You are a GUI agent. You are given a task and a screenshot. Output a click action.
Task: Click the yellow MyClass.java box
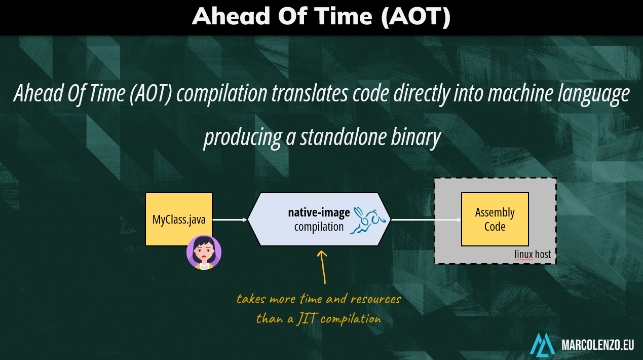point(179,219)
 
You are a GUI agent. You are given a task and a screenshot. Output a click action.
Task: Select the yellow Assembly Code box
point(495,219)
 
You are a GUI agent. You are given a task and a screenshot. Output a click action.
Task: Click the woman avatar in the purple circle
point(204,253)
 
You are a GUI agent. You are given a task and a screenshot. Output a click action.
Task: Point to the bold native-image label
point(319,212)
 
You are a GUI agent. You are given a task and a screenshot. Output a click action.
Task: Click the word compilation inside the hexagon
point(319,227)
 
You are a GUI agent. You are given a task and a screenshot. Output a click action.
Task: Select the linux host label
point(533,254)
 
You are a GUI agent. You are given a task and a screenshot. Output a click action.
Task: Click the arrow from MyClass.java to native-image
point(230,220)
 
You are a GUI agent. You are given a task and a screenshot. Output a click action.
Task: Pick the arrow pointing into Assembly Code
point(426,220)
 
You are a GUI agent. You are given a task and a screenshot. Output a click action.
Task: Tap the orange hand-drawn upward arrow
point(323,267)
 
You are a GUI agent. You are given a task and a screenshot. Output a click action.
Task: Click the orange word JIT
point(307,318)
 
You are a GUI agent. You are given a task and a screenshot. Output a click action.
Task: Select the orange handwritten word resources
point(376,299)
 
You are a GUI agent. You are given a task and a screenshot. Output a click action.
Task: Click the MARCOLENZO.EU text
point(597,345)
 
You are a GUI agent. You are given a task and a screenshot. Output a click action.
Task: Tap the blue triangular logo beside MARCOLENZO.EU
point(542,345)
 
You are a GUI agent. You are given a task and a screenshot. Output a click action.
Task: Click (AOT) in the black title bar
point(416,16)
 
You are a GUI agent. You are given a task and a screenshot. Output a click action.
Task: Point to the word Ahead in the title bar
point(231,16)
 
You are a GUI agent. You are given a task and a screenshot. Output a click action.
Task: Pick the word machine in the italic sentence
point(520,94)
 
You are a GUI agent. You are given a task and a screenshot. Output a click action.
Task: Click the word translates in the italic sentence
point(310,94)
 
